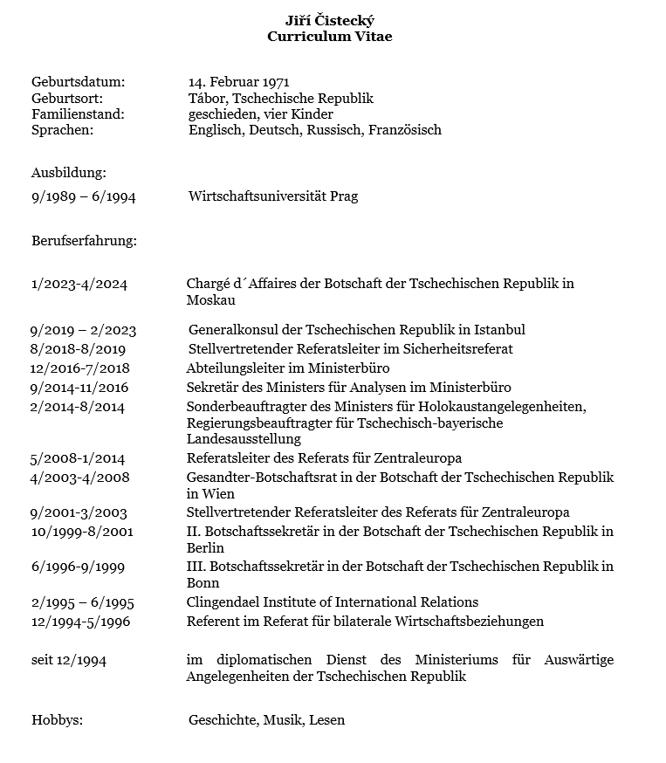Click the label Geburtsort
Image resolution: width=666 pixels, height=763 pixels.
click(x=67, y=99)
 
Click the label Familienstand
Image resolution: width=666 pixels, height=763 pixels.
click(x=79, y=114)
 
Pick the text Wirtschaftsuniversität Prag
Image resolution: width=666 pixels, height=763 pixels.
click(x=272, y=196)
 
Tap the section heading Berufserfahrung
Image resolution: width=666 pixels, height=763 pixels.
click(x=84, y=240)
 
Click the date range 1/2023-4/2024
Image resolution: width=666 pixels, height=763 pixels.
click(x=79, y=284)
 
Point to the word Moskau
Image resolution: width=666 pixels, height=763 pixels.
click(x=210, y=300)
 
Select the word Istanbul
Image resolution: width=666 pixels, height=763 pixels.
click(x=499, y=330)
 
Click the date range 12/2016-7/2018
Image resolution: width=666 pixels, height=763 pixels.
click(x=79, y=368)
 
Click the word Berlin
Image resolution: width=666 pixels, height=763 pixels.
click(x=205, y=548)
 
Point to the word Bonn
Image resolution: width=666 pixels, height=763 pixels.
click(x=203, y=583)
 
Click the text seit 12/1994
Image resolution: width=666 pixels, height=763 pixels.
click(x=69, y=660)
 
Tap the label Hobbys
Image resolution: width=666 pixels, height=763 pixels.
click(x=57, y=720)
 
